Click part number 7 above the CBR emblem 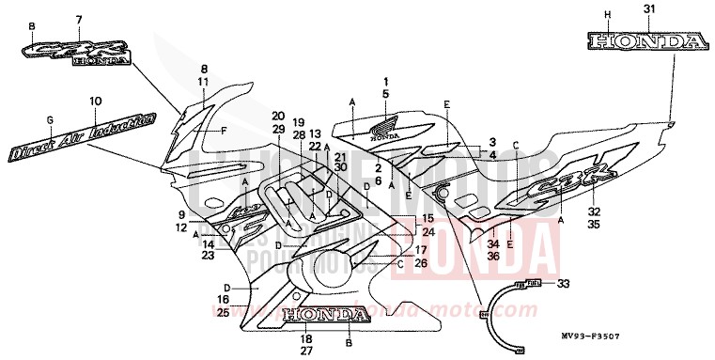(79, 20)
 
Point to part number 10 (95, 101)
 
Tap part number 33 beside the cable (563, 284)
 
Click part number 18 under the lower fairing (306, 338)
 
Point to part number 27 (306, 352)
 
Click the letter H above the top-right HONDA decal (607, 14)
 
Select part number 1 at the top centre (384, 80)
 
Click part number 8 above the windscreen (203, 70)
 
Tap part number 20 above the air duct (278, 116)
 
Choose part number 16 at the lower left (223, 299)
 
